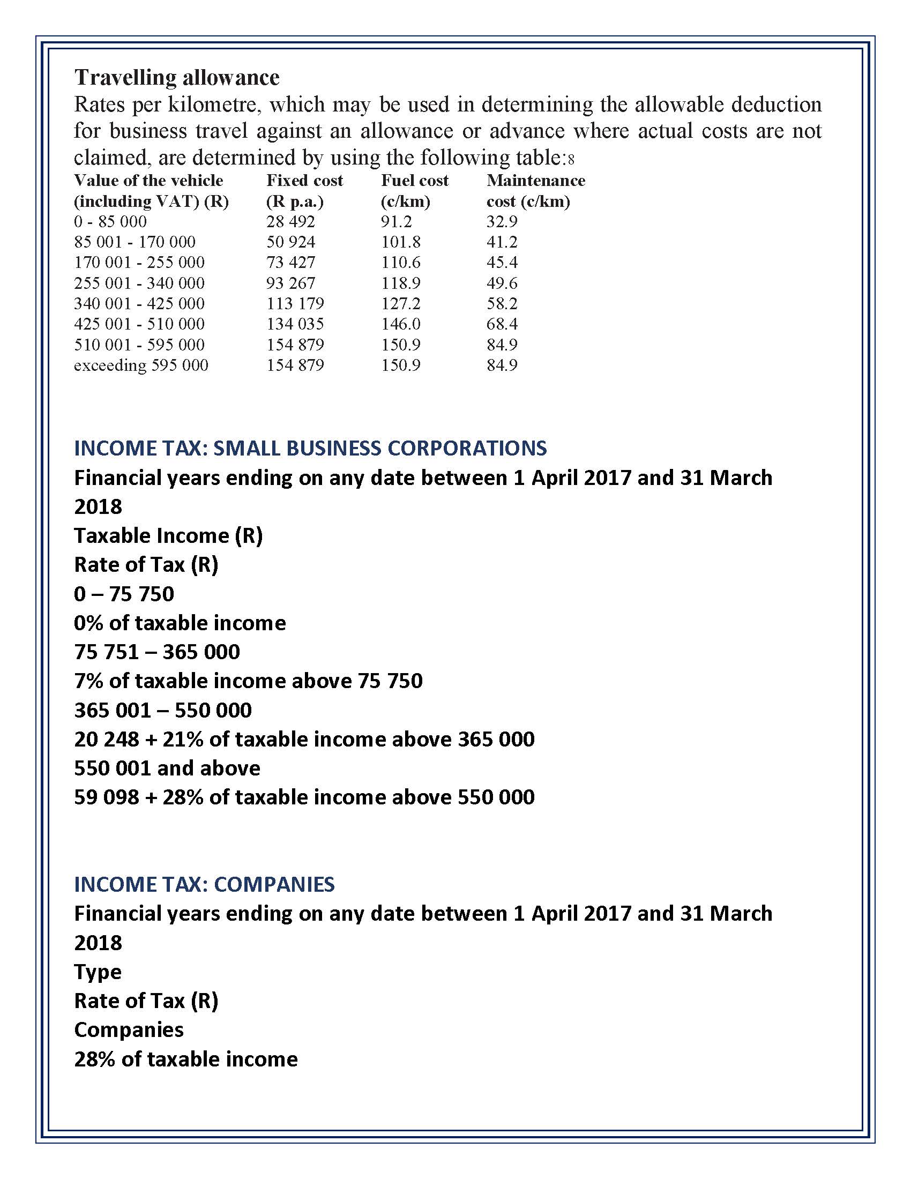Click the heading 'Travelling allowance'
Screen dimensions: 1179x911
pos(176,77)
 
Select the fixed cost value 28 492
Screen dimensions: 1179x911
pos(290,221)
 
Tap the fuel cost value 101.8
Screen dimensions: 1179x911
pos(400,242)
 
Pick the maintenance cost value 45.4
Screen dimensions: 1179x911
pos(502,263)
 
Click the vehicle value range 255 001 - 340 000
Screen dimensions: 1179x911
pos(139,283)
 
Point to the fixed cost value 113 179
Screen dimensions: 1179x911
pos(295,303)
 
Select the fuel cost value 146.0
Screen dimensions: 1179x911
pos(400,324)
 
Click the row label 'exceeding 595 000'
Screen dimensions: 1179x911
pos(141,365)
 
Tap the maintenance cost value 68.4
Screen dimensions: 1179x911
pos(502,324)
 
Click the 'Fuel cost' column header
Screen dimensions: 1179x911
pos(414,180)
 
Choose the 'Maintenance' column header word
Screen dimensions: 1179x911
pos(535,180)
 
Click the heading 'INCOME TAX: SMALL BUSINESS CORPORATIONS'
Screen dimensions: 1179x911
pos(310,448)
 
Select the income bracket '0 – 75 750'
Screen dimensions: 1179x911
pos(124,594)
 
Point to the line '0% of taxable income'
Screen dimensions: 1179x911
pos(180,623)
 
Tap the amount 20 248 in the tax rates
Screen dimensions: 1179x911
pos(106,739)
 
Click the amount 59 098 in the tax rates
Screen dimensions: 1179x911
pos(106,797)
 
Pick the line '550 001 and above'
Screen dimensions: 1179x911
pos(167,768)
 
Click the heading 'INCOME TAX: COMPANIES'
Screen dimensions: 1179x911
pos(204,884)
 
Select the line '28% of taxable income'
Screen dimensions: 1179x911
pos(185,1059)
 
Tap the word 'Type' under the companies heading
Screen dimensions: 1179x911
pos(98,972)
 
